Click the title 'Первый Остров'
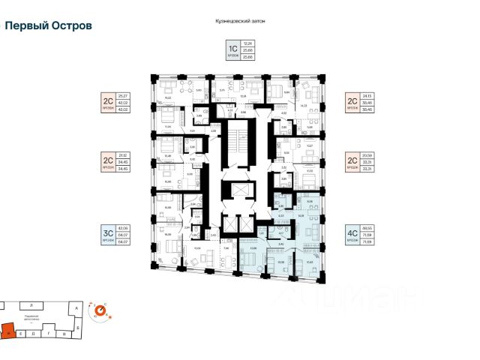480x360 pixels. pyautogui.click(x=49, y=25)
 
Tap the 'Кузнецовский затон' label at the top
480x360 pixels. pyautogui.click(x=239, y=22)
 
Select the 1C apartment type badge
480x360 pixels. pyautogui.click(x=232, y=51)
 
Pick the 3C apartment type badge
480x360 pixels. pyautogui.click(x=107, y=232)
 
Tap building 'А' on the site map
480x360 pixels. pyautogui.click(x=77, y=307)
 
